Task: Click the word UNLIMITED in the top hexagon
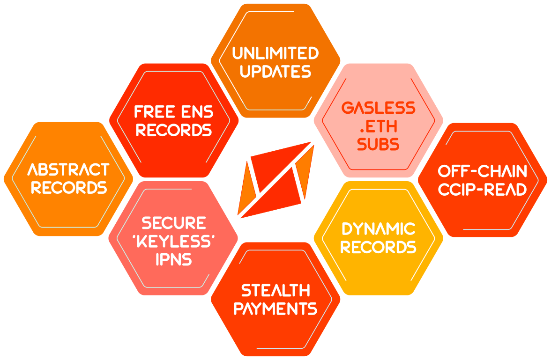[275, 53]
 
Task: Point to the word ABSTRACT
[68, 169]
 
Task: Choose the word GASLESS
[378, 108]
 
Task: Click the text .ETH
[378, 126]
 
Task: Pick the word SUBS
[378, 145]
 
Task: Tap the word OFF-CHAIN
[482, 171]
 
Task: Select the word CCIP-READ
[482, 190]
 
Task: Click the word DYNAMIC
[378, 229]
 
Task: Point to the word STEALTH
[275, 291]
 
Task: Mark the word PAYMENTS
[275, 309]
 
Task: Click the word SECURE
[173, 223]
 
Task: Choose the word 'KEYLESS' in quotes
[173, 241]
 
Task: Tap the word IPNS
[173, 259]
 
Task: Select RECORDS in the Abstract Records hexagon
[68, 188]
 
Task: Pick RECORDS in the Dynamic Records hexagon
[378, 247]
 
